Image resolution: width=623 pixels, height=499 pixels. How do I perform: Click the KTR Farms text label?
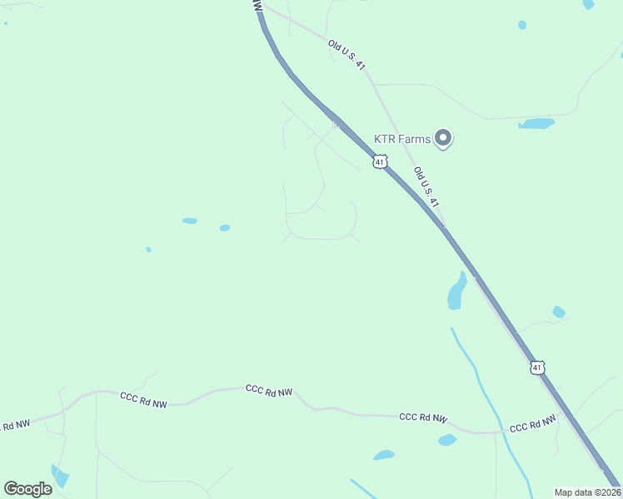(403, 139)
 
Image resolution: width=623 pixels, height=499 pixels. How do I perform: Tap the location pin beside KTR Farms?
(444, 138)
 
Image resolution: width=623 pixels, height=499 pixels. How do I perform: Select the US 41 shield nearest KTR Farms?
(380, 162)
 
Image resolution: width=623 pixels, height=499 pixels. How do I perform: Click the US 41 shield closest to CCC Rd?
(538, 367)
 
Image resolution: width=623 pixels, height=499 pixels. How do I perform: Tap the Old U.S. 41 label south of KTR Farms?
(426, 186)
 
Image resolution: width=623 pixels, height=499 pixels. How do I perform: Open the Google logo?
(27, 489)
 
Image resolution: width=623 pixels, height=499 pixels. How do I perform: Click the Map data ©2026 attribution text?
(587, 492)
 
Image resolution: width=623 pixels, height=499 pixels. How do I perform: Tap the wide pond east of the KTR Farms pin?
(536, 124)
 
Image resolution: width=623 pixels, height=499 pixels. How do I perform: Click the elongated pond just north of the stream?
(457, 290)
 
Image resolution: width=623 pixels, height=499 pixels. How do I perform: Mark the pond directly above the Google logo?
(60, 477)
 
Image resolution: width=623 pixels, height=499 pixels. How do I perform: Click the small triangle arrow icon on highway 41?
(336, 125)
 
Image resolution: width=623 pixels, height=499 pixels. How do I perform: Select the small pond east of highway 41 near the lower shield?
(558, 312)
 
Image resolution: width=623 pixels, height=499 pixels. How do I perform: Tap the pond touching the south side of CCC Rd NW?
(447, 440)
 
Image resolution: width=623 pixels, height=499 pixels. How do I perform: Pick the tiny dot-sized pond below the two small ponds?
(148, 249)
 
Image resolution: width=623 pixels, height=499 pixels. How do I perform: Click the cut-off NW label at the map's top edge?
(257, 5)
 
